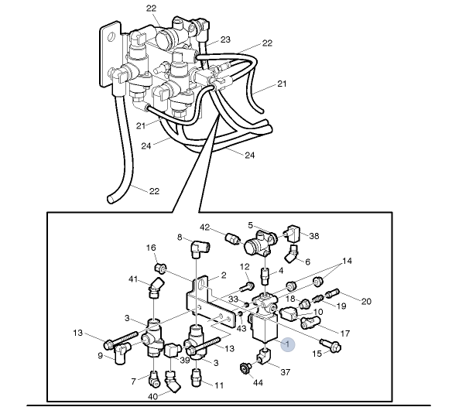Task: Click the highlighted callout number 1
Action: coord(288,343)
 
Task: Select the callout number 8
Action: coord(180,237)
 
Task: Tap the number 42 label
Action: coord(205,227)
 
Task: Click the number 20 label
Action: coord(367,301)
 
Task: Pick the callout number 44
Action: coord(259,382)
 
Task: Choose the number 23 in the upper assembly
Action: coord(225,39)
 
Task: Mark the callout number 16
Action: coord(152,248)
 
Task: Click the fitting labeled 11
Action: coord(197,378)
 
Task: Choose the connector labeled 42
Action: coord(230,237)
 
